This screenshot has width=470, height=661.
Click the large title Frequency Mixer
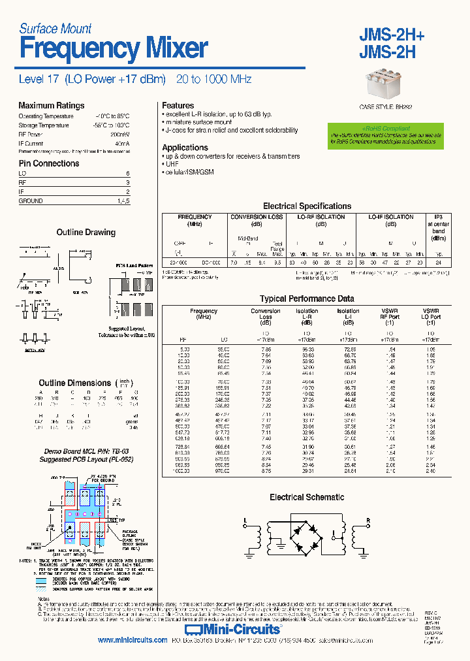[x=113, y=49]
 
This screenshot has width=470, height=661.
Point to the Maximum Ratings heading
[x=51, y=106]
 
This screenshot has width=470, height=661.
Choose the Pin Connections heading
[x=48, y=163]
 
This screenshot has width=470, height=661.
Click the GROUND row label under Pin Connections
[x=31, y=201]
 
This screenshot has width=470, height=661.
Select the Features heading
[x=178, y=106]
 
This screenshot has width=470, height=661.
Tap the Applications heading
[x=185, y=148]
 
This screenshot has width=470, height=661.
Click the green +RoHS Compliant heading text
[x=386, y=129]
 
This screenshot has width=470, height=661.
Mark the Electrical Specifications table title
[x=307, y=206]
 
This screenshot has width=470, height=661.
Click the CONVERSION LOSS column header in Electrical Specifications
[x=257, y=217]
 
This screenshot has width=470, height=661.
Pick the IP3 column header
[x=438, y=217]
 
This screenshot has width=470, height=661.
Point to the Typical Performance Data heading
[x=307, y=298]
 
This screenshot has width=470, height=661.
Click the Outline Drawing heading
[x=86, y=233]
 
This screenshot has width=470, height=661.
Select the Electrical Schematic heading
[x=307, y=498]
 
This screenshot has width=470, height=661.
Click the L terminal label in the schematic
[x=245, y=521]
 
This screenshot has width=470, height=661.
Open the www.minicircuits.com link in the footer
[x=133, y=641]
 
